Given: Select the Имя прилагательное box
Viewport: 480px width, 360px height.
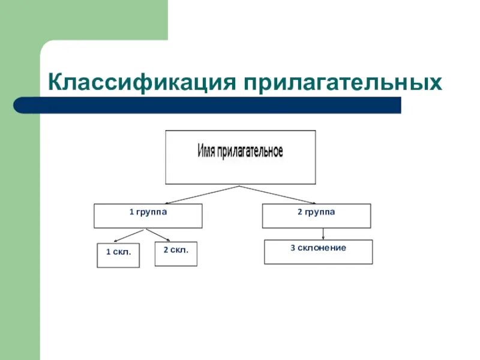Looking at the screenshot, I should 240,157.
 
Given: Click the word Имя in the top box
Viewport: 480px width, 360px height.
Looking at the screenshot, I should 208,151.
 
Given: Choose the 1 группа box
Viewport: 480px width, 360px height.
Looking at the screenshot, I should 148,216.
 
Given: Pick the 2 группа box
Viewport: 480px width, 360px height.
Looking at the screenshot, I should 316,216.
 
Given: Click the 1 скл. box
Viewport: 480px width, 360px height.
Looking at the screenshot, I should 118,255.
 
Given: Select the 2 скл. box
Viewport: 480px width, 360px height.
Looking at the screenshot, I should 176,253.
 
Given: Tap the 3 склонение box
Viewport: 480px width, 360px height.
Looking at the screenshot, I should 318,252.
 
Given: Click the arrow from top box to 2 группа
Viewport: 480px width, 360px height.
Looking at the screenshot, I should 279,195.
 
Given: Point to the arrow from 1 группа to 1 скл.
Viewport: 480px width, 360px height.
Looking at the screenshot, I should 133,235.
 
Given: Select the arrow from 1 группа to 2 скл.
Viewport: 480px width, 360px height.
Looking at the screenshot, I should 157,235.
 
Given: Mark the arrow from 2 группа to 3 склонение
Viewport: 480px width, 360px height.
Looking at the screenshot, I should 323,234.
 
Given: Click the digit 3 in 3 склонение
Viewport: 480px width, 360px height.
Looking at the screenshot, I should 293,248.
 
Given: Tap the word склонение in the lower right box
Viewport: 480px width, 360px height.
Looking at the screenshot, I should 322,248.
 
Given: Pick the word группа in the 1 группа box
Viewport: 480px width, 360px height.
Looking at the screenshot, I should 151,212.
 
